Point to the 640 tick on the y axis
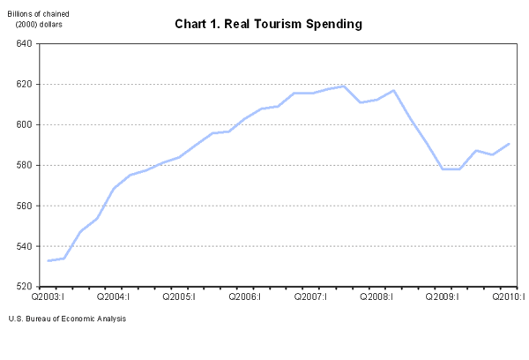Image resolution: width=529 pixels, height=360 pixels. point(24,44)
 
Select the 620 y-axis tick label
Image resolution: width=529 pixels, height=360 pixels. point(24,85)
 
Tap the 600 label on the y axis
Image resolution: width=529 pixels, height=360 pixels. point(24,125)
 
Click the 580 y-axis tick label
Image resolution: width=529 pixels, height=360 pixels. point(24,166)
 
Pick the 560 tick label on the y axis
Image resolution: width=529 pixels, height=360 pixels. point(24,206)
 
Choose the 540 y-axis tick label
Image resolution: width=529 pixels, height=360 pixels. point(24,247)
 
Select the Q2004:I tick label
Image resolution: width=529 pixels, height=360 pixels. point(114,297)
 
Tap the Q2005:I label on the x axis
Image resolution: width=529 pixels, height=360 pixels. point(180,297)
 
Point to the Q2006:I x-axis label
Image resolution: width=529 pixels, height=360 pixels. point(246,297)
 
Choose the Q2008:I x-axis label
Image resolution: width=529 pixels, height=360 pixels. point(378,297)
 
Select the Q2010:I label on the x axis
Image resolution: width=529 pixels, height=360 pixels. point(509,297)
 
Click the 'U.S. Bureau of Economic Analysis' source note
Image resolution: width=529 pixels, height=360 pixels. point(67,319)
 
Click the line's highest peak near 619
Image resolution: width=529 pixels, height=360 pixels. point(344,86)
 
